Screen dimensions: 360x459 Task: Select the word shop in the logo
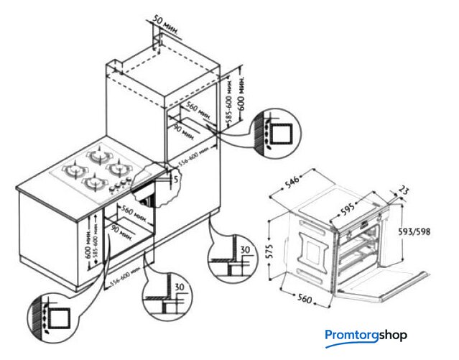click(x=389, y=335)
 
